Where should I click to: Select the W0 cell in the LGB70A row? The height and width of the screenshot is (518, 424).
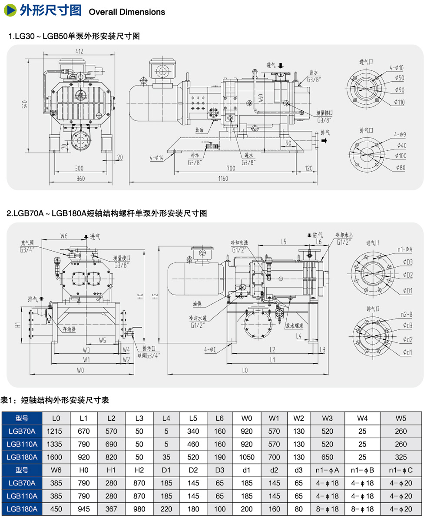coord(247,432)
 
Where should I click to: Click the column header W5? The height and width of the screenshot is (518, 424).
coord(401,418)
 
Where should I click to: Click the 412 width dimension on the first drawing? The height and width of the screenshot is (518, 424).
coord(79,51)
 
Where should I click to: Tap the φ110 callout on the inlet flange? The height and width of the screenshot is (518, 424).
coord(399,103)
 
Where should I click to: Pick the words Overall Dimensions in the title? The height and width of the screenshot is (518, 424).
coord(127,12)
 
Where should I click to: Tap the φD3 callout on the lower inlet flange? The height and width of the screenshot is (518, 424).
coord(407,262)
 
